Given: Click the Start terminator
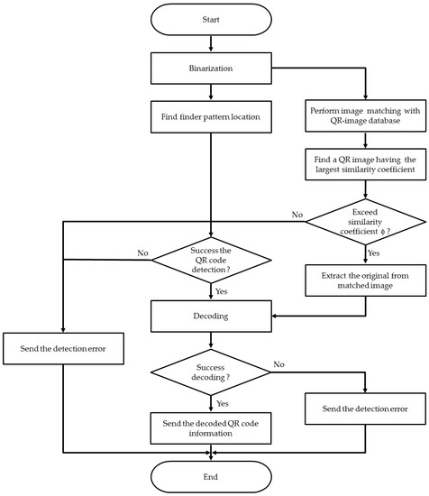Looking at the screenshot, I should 210,19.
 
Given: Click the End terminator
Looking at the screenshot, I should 210,475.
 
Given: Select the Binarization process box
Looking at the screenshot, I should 210,66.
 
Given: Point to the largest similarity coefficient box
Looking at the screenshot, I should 364,171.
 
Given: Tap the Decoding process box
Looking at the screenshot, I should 210,317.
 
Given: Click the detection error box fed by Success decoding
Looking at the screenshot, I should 364,409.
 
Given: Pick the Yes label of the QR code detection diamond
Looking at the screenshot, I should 223,292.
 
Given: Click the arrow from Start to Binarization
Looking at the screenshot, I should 210,42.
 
